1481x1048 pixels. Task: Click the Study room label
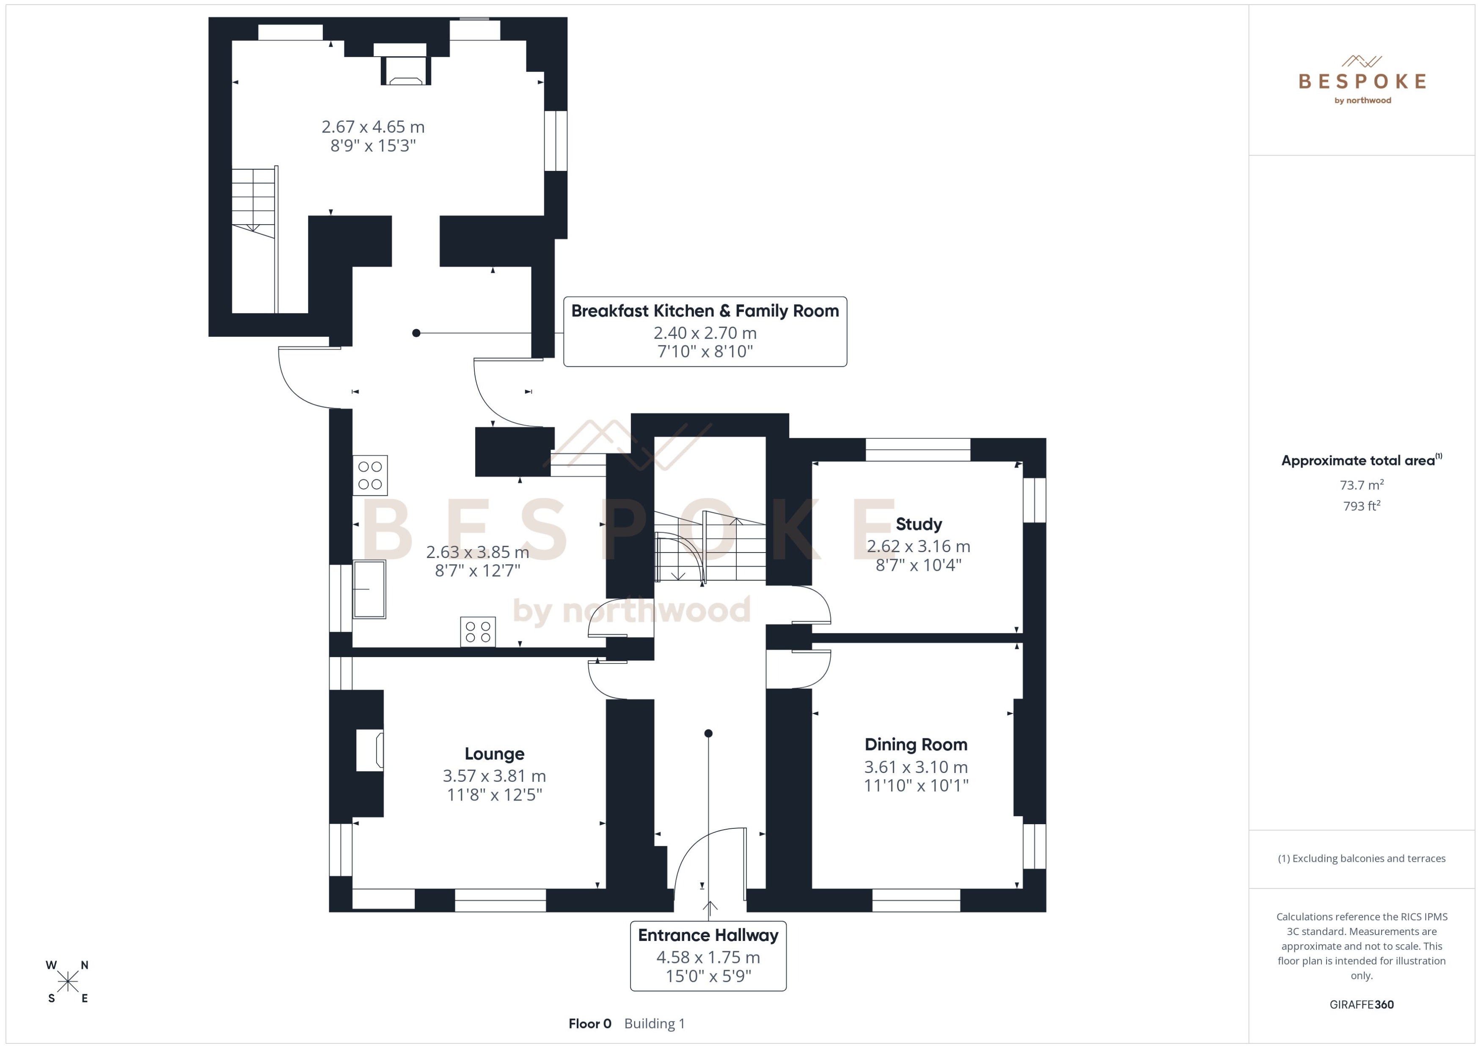coord(918,524)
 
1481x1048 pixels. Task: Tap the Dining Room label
coord(915,745)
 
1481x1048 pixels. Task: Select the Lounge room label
coord(494,754)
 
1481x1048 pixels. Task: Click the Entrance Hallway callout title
coord(708,935)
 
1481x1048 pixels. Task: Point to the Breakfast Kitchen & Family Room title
coord(705,311)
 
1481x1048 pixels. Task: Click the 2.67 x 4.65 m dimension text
coord(373,127)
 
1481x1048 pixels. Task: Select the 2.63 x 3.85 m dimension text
coord(478,553)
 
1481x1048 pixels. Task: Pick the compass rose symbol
coord(67,982)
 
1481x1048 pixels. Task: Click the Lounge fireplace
coord(370,750)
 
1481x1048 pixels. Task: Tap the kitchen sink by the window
coord(369,589)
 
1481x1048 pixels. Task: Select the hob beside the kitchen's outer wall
coord(370,475)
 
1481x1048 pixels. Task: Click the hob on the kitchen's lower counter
coord(478,631)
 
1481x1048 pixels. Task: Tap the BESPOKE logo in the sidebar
coord(1362,81)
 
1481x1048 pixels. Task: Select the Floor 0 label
coord(589,1023)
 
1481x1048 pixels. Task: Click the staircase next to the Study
coord(710,548)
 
